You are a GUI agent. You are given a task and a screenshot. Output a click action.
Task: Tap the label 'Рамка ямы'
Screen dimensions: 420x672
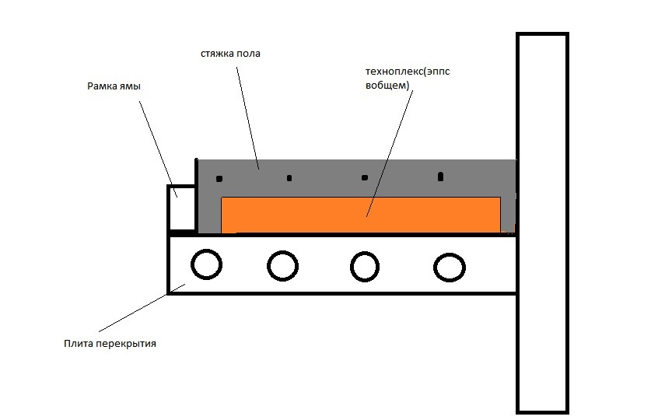pos(114,86)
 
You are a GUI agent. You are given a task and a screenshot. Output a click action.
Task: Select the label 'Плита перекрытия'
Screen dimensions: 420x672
pos(110,343)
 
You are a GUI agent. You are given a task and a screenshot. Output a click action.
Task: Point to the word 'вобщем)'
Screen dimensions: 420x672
pos(386,85)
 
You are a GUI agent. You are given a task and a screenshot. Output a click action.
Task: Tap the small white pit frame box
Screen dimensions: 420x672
pos(182,208)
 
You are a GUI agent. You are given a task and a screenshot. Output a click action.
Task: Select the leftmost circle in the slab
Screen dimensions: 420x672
pos(206,264)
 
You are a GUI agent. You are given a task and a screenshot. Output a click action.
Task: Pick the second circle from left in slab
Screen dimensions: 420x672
pos(282,265)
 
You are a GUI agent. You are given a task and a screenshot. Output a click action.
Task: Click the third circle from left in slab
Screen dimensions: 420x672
pos(364,266)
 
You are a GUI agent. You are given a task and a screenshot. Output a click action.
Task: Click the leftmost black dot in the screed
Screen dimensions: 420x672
pos(220,179)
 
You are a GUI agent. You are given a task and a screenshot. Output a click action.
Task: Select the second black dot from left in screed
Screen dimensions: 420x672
pos(289,178)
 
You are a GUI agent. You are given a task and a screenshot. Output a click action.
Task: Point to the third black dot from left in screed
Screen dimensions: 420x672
pos(365,177)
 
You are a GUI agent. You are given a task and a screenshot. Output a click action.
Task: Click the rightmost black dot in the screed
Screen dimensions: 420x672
pos(440,177)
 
